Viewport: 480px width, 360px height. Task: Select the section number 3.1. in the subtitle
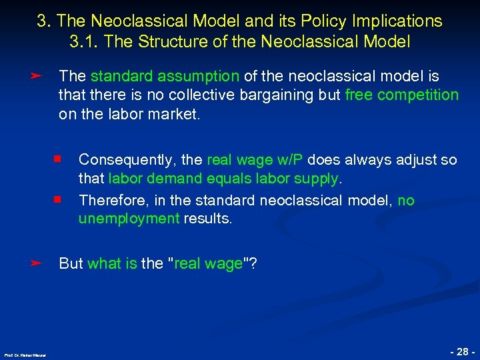tap(83, 41)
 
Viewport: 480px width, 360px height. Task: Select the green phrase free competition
tap(402, 95)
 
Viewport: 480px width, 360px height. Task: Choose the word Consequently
tap(128, 160)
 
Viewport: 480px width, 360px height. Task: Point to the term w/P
tap(290, 160)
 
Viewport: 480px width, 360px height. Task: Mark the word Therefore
tap(109, 200)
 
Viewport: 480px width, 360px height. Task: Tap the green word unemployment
tap(129, 219)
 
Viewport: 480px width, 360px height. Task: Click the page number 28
tap(462, 349)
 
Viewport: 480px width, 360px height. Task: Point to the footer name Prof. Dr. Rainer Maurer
tap(25, 355)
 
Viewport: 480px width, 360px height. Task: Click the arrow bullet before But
tap(37, 263)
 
